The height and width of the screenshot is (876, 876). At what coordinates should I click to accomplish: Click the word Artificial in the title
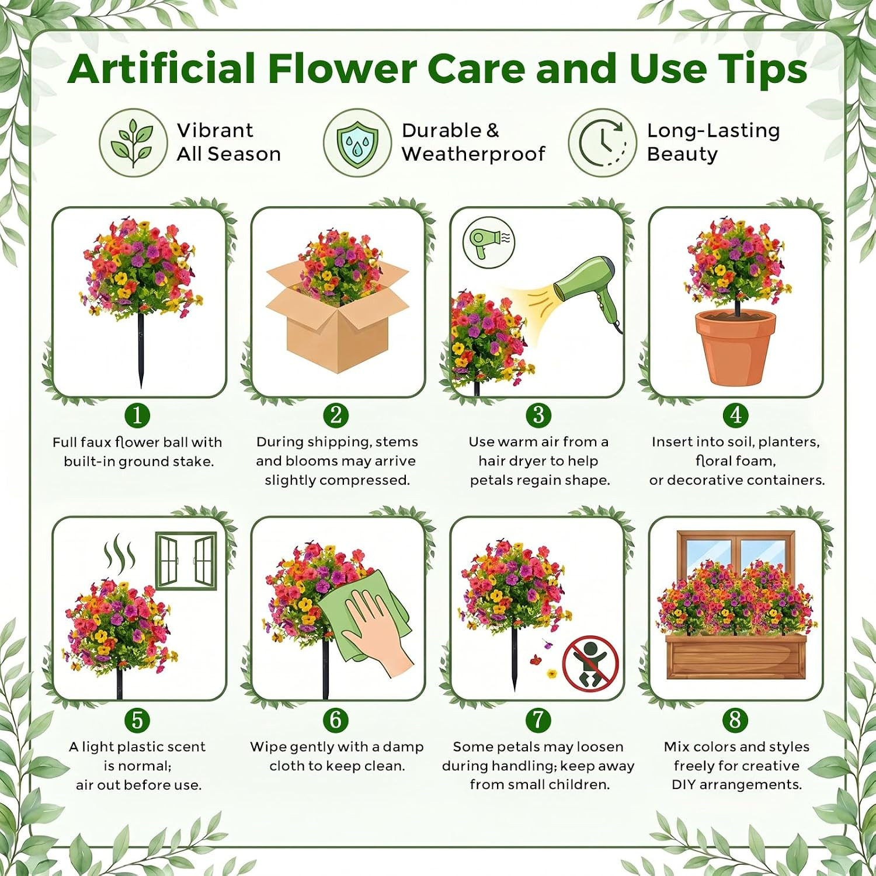163,68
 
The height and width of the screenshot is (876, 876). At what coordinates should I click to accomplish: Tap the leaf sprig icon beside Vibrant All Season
133,142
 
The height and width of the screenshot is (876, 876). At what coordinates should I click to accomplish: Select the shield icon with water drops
357,142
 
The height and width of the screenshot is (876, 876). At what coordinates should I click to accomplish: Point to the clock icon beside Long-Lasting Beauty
602,142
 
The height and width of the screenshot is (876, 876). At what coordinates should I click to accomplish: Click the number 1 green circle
137,415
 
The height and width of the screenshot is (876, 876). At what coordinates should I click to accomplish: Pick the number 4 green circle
735,415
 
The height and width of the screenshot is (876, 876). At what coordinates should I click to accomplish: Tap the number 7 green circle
538,719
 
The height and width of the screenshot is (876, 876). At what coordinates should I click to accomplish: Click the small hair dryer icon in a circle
489,243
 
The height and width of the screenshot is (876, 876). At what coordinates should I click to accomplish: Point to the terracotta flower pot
736,347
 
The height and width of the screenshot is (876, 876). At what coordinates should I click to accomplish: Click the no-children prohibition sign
590,662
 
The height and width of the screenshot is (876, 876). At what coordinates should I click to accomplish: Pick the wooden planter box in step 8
735,657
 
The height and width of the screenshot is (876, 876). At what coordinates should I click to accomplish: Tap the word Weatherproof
473,154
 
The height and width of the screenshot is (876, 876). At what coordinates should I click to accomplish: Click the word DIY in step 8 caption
684,784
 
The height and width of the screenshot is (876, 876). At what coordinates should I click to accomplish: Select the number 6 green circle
336,719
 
